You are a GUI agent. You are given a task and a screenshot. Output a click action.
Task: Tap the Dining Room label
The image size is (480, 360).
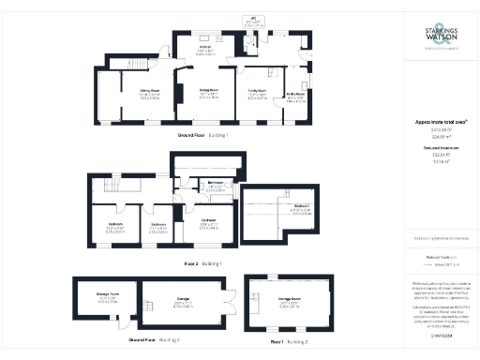coord(209,91)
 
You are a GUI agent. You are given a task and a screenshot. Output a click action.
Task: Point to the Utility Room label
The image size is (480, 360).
coord(295,96)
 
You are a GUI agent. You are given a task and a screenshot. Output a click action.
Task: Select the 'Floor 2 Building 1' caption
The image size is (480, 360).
coord(203,264)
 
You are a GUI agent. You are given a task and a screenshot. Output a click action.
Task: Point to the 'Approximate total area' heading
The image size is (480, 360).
coord(441,122)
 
